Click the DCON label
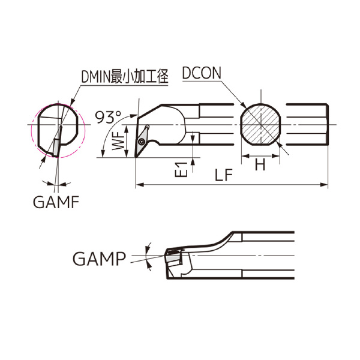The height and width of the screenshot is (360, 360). (x=202, y=73)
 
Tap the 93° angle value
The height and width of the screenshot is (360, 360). (x=108, y=117)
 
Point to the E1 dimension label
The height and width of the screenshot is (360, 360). (x=181, y=170)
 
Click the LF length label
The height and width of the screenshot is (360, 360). (x=224, y=175)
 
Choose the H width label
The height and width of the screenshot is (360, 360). (x=260, y=164)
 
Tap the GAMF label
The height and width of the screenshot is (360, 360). (x=56, y=202)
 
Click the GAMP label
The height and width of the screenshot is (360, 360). (x=99, y=259)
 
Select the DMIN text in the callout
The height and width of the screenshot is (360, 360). (x=96, y=76)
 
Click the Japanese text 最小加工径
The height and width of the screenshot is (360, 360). (x=139, y=76)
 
